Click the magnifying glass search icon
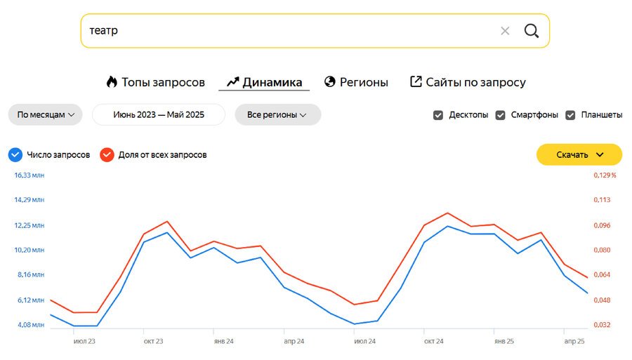(532, 31)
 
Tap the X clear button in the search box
(505, 31)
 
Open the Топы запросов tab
(156, 82)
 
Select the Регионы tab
(356, 82)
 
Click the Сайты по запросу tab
(468, 82)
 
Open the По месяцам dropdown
(46, 114)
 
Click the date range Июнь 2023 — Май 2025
(159, 114)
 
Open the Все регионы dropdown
(277, 114)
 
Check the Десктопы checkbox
(438, 115)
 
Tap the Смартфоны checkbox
(501, 115)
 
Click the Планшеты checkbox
(570, 115)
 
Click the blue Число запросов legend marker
(15, 154)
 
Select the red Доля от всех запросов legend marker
(107, 154)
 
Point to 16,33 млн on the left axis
(29, 175)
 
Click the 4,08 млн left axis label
(29, 325)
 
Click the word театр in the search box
(104, 31)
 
